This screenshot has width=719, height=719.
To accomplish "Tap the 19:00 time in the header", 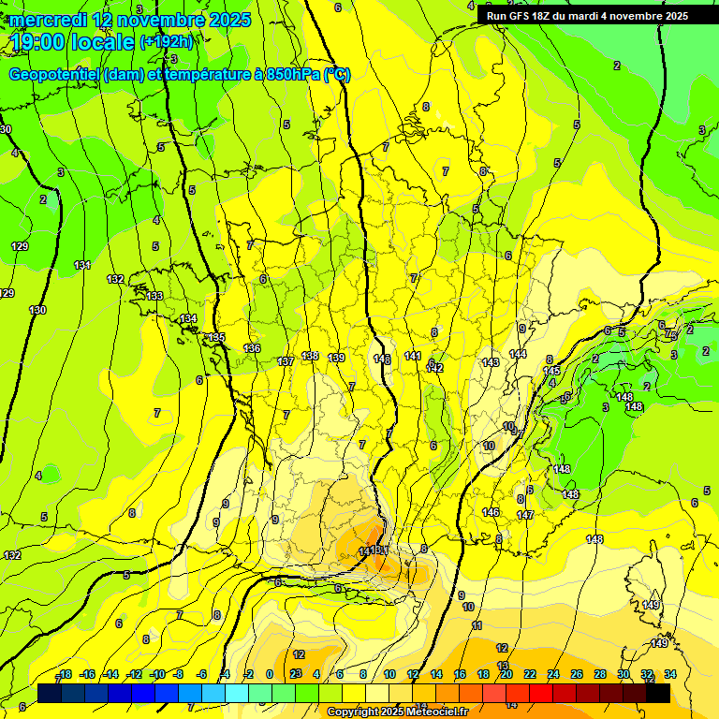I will pyautogui.click(x=38, y=42).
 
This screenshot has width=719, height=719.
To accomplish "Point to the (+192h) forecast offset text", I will pyautogui.click(x=167, y=42).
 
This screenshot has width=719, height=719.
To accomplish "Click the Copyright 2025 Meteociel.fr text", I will pyautogui.click(x=397, y=712).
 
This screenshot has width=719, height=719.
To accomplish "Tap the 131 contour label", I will pyautogui.click(x=82, y=265).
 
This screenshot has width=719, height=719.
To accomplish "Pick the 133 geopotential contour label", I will pyautogui.click(x=154, y=296).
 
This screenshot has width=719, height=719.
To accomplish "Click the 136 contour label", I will pyautogui.click(x=251, y=348).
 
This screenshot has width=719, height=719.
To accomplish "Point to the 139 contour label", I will pyautogui.click(x=336, y=358).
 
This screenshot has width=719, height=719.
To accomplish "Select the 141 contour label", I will pyautogui.click(x=412, y=356).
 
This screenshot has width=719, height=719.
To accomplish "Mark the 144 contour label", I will pyautogui.click(x=518, y=354).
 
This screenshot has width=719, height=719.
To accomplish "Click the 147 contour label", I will pyautogui.click(x=525, y=515).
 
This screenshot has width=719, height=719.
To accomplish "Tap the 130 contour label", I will pyautogui.click(x=37, y=310).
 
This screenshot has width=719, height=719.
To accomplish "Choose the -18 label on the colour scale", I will pyautogui.click(x=64, y=674).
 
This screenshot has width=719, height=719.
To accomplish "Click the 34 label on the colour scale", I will pyautogui.click(x=669, y=674).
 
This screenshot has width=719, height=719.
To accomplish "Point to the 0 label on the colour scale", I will pyautogui.click(x=270, y=674).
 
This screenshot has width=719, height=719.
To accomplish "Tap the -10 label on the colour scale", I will pyautogui.click(x=157, y=674).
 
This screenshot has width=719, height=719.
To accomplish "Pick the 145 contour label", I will pyautogui.click(x=551, y=371).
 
